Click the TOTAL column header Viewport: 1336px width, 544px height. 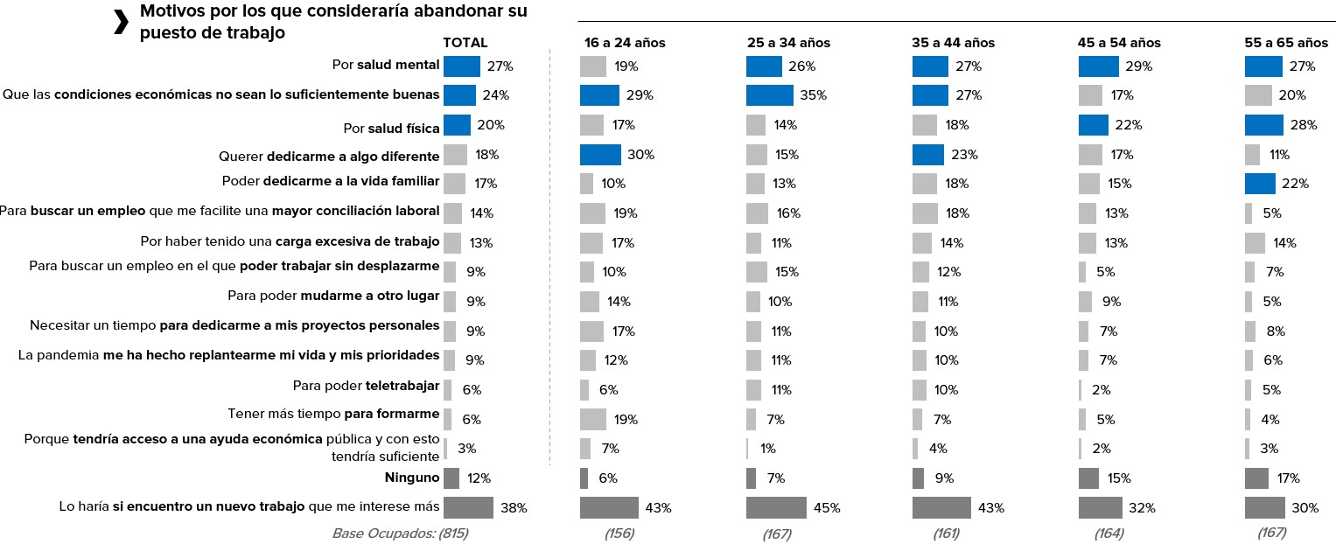(465, 42)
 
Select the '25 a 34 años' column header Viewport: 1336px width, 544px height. (788, 42)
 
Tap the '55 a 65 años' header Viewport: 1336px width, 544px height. (1285, 42)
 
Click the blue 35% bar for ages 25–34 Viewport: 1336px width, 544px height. (769, 95)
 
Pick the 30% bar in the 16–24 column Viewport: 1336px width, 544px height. (600, 155)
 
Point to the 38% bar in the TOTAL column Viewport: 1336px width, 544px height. (468, 507)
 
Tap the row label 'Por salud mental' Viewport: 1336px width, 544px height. (385, 66)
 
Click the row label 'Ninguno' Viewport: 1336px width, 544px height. (411, 478)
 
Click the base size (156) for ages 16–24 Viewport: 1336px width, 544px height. (618, 533)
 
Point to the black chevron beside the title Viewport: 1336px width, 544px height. (121, 24)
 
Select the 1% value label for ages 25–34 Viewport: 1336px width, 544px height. (768, 449)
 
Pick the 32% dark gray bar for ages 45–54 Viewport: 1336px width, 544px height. (1100, 507)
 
